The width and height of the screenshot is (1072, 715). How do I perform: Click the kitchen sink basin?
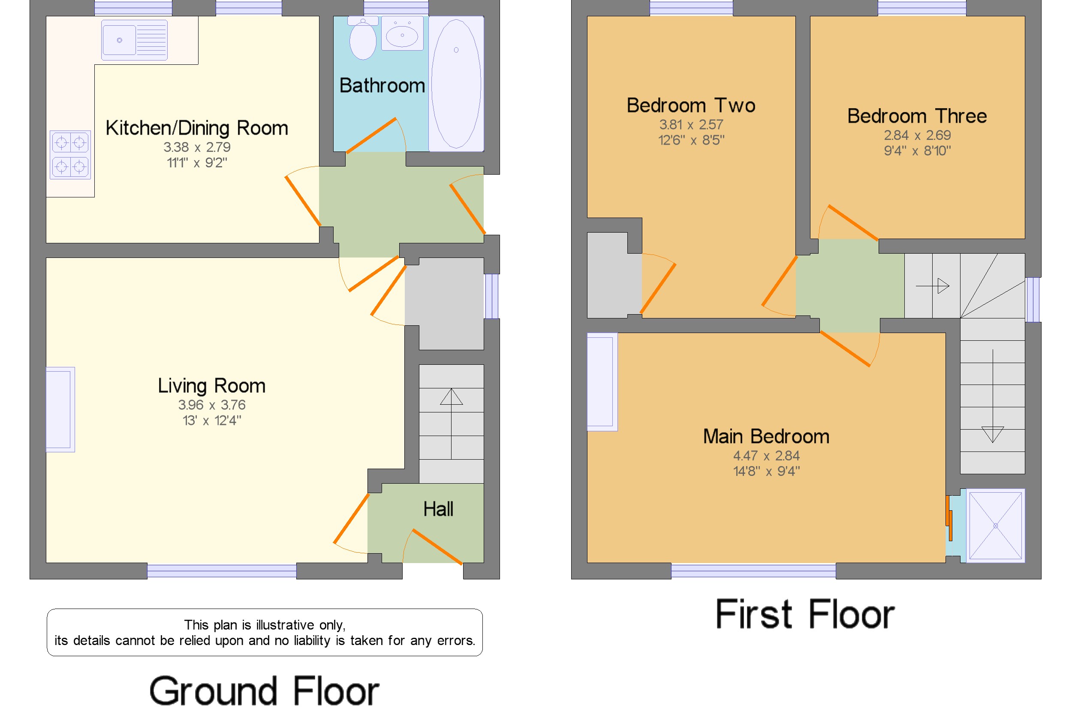tap(119, 40)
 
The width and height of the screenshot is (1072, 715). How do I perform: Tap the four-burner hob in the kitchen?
tap(70, 155)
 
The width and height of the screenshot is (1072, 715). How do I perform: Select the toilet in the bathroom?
tap(363, 40)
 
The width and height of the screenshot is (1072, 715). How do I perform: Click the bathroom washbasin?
tap(402, 35)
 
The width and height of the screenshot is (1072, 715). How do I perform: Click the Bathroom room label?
tap(382, 86)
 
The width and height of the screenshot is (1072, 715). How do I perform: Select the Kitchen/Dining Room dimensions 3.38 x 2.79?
tap(197, 147)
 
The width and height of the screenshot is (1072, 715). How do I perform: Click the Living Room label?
tap(211, 386)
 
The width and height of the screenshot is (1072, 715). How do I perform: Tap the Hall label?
tap(438, 509)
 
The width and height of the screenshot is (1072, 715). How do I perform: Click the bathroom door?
tap(371, 136)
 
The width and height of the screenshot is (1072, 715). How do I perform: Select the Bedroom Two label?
tap(691, 105)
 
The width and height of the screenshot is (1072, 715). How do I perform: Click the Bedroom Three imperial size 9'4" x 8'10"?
tap(917, 151)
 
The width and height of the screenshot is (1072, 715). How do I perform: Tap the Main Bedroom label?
tap(766, 436)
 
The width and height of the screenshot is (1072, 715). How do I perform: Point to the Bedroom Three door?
tap(852, 222)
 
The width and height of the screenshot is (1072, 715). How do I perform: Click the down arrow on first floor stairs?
tap(992, 433)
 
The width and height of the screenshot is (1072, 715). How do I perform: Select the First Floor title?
tap(804, 614)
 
